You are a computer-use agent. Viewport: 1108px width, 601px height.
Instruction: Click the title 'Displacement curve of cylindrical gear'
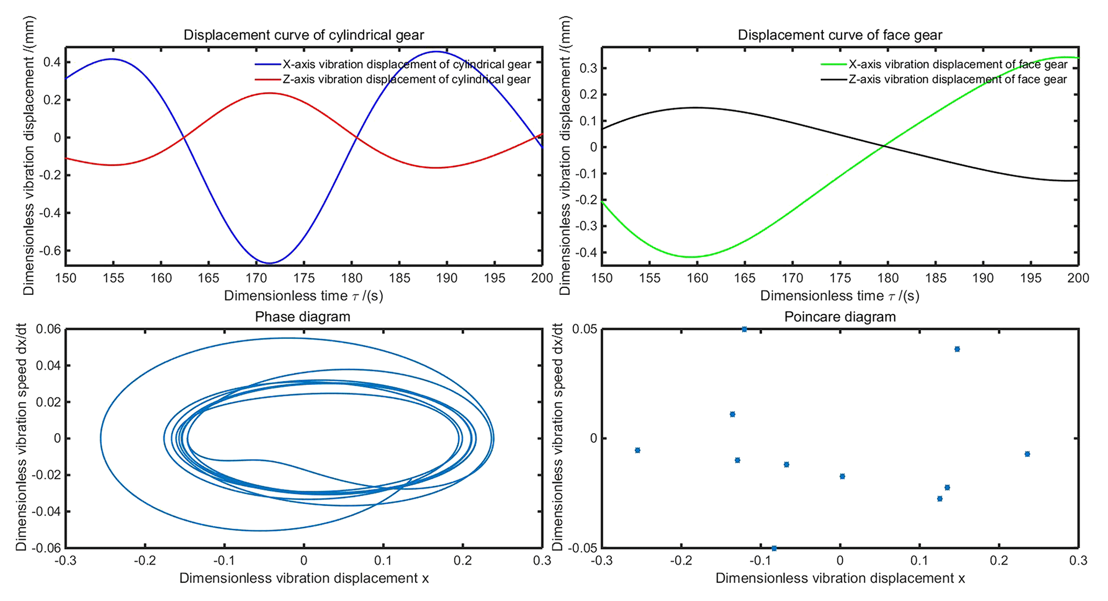[304, 35]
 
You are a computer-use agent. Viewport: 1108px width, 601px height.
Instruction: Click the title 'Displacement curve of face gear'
[840, 35]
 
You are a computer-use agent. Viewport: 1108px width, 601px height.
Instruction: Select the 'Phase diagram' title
[303, 317]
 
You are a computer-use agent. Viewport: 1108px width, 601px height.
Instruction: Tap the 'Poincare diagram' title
[840, 317]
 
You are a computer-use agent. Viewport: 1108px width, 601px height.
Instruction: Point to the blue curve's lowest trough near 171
[269, 263]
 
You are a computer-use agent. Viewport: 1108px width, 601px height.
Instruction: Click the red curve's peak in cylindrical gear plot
[269, 93]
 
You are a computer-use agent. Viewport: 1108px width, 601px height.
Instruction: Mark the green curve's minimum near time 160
[692, 257]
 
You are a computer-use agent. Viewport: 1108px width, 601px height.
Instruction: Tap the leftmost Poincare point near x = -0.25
[638, 450]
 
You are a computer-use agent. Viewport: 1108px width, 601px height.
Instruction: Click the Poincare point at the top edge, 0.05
[744, 329]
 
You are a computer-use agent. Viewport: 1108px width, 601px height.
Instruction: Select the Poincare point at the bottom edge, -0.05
[774, 548]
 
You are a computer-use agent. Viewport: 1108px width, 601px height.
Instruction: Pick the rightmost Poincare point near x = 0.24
[1027, 454]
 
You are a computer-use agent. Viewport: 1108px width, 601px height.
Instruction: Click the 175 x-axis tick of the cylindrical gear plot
[304, 278]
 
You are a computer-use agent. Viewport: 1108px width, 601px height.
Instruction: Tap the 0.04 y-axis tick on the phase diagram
[48, 366]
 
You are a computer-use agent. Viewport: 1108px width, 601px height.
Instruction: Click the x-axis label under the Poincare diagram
[840, 578]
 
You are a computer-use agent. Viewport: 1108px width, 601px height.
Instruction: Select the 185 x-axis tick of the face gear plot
[935, 278]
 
